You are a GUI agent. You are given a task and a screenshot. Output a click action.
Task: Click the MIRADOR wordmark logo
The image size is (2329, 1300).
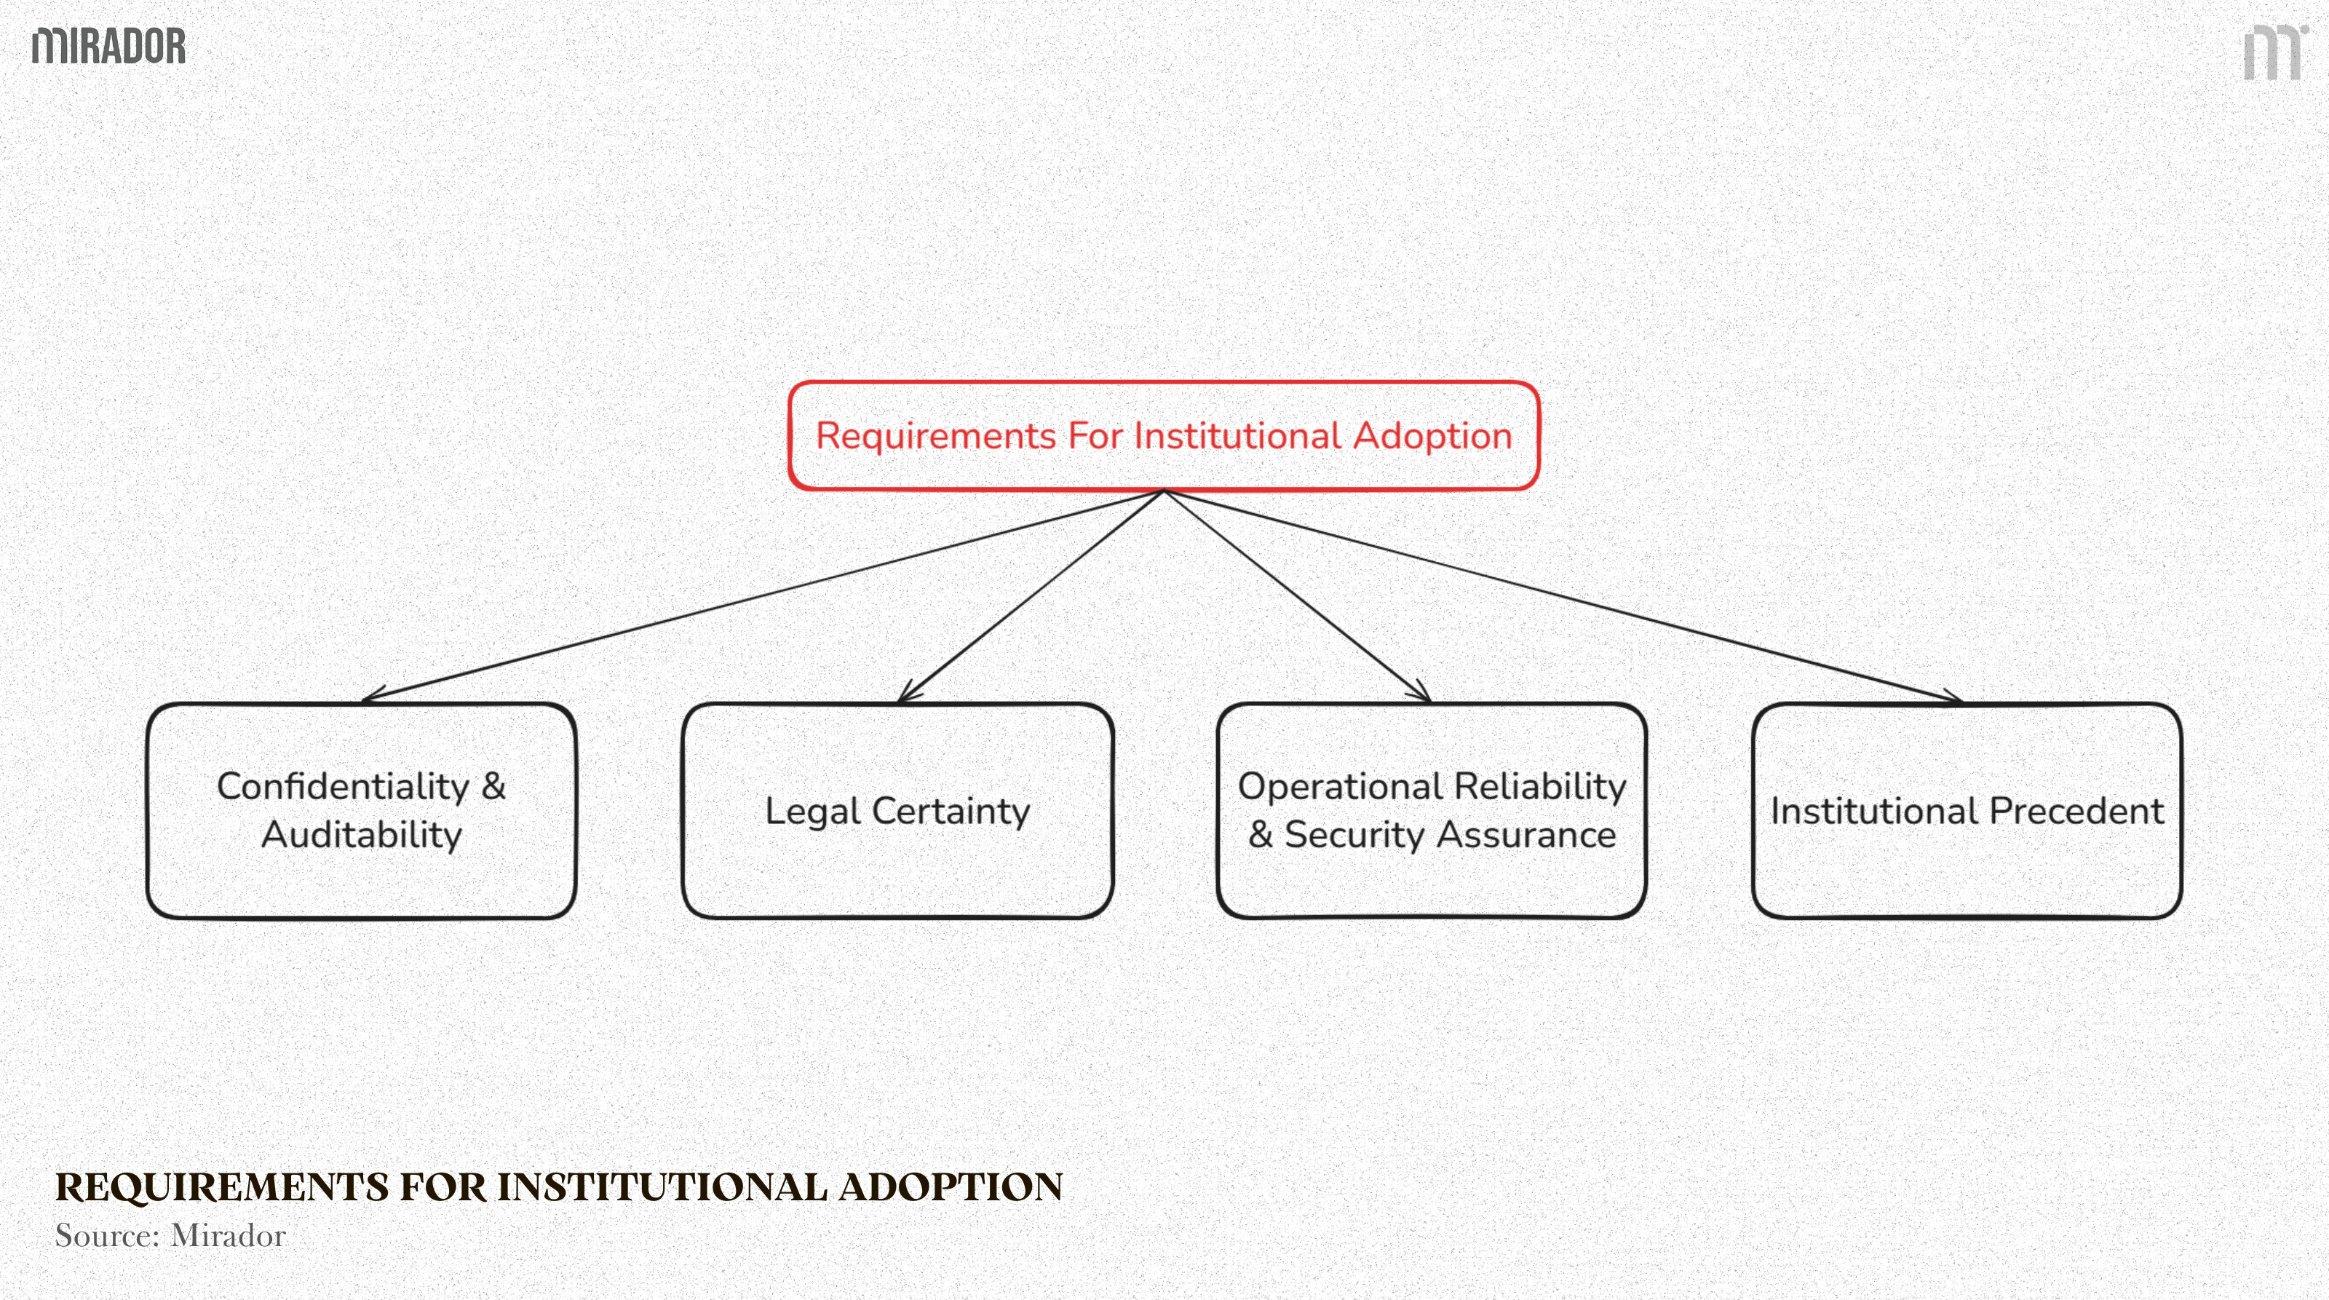(108, 46)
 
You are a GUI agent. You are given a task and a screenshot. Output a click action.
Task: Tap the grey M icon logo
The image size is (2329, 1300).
(2273, 53)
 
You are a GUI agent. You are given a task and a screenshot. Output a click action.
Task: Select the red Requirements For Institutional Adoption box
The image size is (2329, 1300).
(1164, 437)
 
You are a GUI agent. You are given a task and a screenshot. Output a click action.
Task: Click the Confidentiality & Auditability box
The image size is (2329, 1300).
(362, 810)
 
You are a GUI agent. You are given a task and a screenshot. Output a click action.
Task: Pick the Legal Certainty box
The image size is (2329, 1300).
(897, 810)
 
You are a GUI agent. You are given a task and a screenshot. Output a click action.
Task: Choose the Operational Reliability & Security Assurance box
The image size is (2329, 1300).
(1432, 810)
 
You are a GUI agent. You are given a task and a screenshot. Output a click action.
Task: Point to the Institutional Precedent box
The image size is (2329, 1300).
(1967, 810)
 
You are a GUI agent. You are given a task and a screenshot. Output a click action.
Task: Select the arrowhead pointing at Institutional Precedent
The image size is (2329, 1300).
(1953, 697)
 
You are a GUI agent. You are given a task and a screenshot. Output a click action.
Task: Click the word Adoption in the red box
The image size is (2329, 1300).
(1432, 437)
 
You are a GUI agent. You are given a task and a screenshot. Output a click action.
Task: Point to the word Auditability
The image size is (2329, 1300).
(362, 834)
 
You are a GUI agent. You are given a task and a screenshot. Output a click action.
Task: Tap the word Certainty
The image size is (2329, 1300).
(951, 811)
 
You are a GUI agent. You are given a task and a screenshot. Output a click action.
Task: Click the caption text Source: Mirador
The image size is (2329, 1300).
(170, 1235)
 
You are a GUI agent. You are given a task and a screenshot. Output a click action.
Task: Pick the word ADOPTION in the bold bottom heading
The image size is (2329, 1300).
(951, 1187)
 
